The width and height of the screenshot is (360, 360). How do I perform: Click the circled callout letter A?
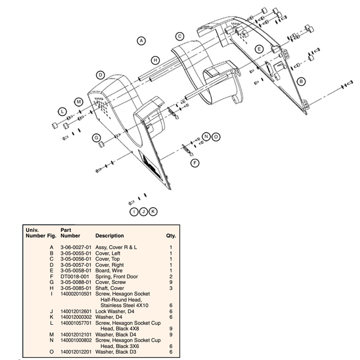pos(141,41)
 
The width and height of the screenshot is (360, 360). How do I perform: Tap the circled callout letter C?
pos(180,36)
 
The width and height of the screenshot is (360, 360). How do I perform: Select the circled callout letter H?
pos(156,60)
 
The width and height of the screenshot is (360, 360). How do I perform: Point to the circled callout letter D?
pos(100,75)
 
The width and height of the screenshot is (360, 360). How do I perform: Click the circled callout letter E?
pos(259,49)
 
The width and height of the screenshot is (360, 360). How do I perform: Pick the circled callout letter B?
pos(301,81)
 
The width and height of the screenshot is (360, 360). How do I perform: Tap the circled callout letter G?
pos(96,138)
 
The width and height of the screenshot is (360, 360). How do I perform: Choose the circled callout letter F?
pos(195,163)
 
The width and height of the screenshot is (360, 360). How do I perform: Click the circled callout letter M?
pos(79,102)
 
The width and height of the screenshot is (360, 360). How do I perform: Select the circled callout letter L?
pos(62,112)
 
